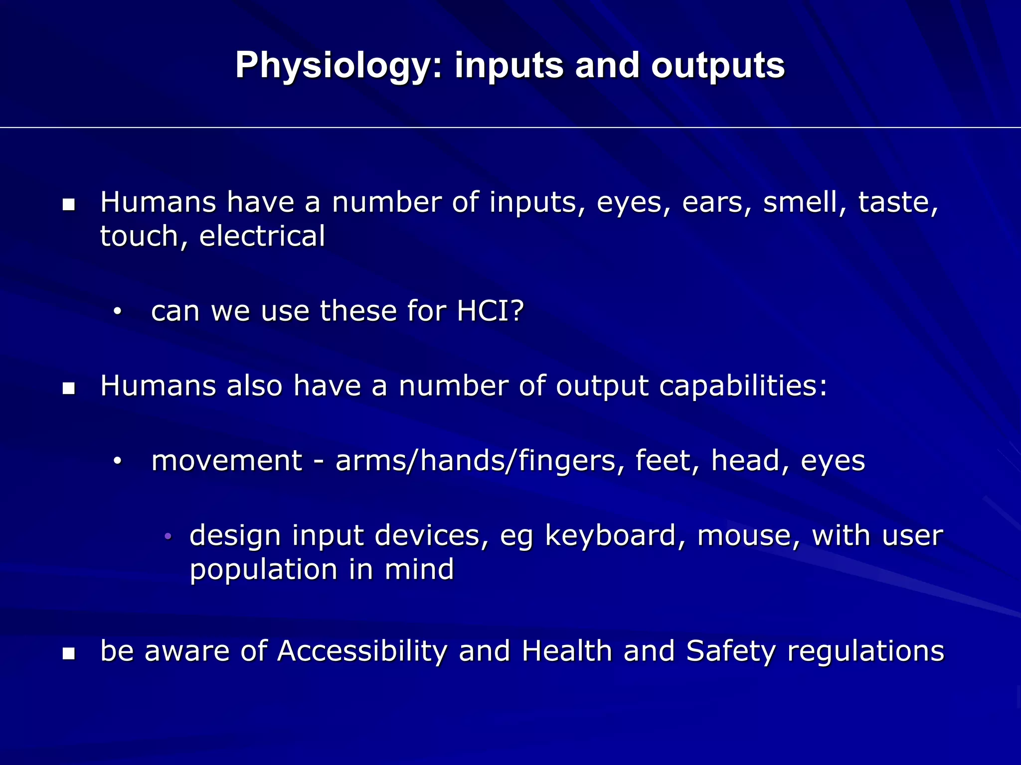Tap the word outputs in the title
[717, 65]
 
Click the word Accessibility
[362, 651]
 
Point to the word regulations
[865, 652]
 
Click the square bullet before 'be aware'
[69, 653]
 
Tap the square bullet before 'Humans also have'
[69, 388]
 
